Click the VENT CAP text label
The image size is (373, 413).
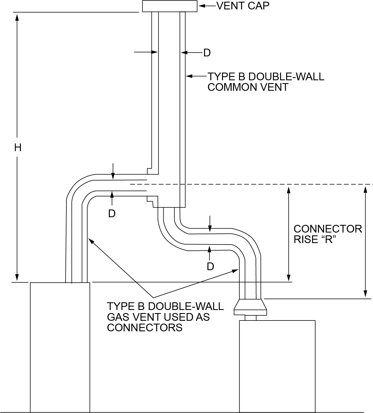243,6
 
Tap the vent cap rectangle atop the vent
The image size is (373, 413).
170,6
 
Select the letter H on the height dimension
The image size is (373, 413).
18,147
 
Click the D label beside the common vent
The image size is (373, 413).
207,53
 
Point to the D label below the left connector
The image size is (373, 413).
112,213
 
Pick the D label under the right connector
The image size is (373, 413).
210,266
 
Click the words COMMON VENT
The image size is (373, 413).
248,87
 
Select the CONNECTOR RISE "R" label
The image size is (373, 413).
327,234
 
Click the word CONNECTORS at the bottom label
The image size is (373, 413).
145,328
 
